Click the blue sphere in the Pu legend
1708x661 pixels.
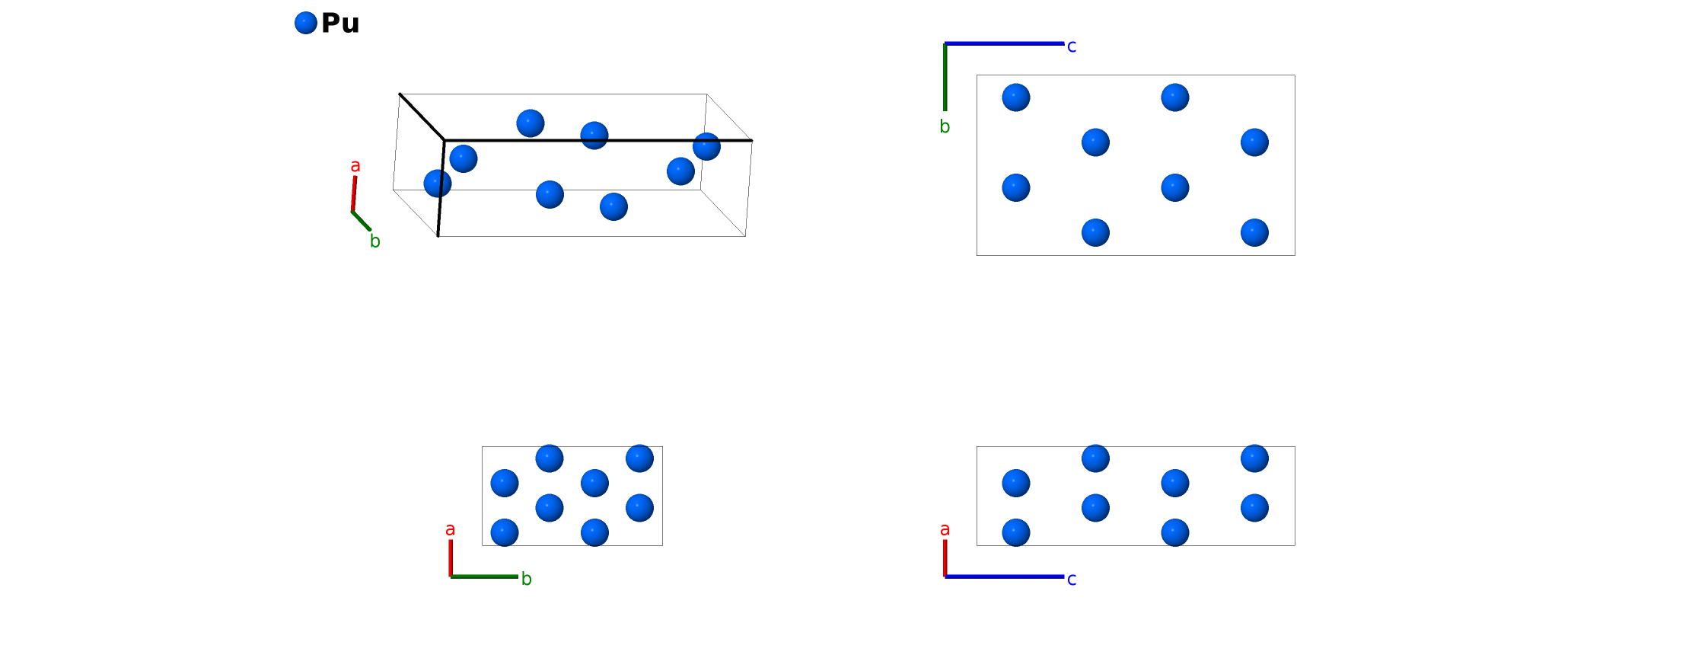305,23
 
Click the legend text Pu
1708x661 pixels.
340,24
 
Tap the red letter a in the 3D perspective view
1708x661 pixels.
355,166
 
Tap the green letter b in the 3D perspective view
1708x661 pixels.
374,241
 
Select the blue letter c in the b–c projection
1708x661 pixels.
1072,46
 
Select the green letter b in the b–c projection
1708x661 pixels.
945,127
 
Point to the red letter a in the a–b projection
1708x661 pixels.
450,529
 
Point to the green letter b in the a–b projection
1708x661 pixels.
526,580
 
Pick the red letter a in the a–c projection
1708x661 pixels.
945,529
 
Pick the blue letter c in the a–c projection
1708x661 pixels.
1072,580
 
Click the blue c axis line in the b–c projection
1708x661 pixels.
1005,43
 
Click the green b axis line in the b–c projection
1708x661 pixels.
945,76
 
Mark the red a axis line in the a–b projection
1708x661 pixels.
451,557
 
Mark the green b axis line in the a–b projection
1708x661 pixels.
484,576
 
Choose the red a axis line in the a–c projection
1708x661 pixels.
945,557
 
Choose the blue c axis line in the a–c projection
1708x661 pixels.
1005,576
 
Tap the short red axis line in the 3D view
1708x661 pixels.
354,193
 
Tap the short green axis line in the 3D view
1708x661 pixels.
362,221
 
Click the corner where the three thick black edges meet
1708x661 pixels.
445,141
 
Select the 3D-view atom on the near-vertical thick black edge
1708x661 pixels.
438,184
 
